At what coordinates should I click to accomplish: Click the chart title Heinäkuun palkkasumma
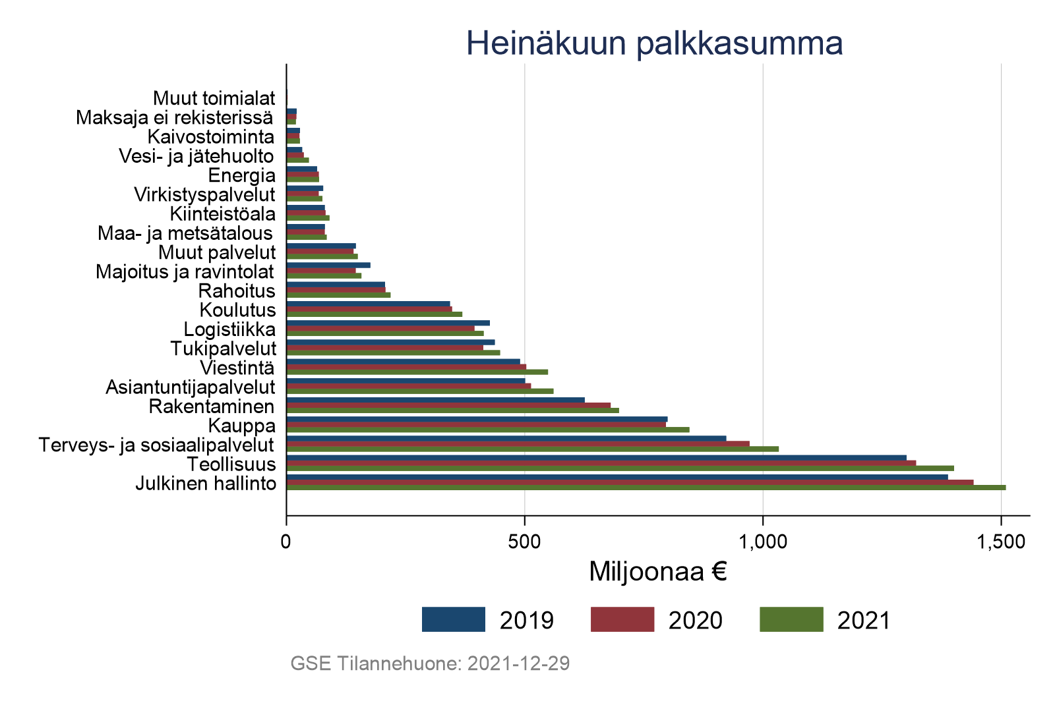tap(654, 43)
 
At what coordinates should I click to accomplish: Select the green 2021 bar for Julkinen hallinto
tap(646, 488)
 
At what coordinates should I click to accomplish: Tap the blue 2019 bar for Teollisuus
tap(597, 458)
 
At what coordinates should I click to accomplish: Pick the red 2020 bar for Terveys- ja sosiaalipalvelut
tap(518, 444)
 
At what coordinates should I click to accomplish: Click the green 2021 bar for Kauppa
tap(488, 430)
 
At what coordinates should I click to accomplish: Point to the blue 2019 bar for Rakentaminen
tap(435, 400)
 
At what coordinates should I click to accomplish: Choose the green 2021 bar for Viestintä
tap(417, 372)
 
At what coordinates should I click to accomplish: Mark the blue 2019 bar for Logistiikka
tap(388, 323)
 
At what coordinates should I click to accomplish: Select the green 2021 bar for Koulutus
tap(374, 314)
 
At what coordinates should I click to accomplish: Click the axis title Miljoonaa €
tap(657, 572)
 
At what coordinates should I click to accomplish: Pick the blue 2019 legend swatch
tap(454, 620)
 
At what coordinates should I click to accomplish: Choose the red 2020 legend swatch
tap(622, 620)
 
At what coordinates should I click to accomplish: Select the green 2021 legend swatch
tap(791, 620)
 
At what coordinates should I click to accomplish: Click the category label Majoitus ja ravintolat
tap(185, 271)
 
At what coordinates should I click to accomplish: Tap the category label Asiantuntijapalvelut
tap(191, 387)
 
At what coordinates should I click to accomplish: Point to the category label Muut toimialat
tap(214, 98)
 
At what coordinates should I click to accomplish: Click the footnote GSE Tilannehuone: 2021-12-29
tap(430, 663)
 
